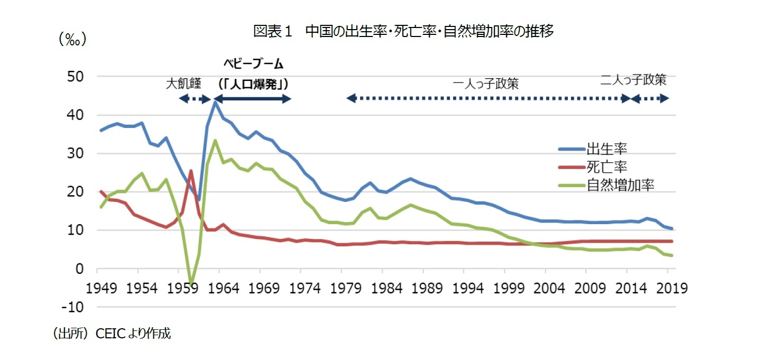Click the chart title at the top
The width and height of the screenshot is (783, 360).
click(403, 32)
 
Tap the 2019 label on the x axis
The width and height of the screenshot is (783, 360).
click(671, 288)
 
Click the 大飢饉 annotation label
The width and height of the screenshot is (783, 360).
click(183, 84)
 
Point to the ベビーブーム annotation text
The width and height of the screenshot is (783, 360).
click(252, 64)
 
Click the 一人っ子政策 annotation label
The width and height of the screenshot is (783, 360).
click(486, 84)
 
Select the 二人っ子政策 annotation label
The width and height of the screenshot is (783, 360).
click(633, 80)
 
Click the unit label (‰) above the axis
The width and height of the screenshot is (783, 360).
click(72, 39)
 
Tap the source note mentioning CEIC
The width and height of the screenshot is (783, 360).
click(111, 333)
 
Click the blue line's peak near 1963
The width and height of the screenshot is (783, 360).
click(215, 102)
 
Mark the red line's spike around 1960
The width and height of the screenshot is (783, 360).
click(191, 171)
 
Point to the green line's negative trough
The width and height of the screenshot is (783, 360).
click(191, 284)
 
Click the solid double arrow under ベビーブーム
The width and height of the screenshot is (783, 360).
click(252, 98)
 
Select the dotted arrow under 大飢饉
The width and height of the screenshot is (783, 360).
click(195, 98)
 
